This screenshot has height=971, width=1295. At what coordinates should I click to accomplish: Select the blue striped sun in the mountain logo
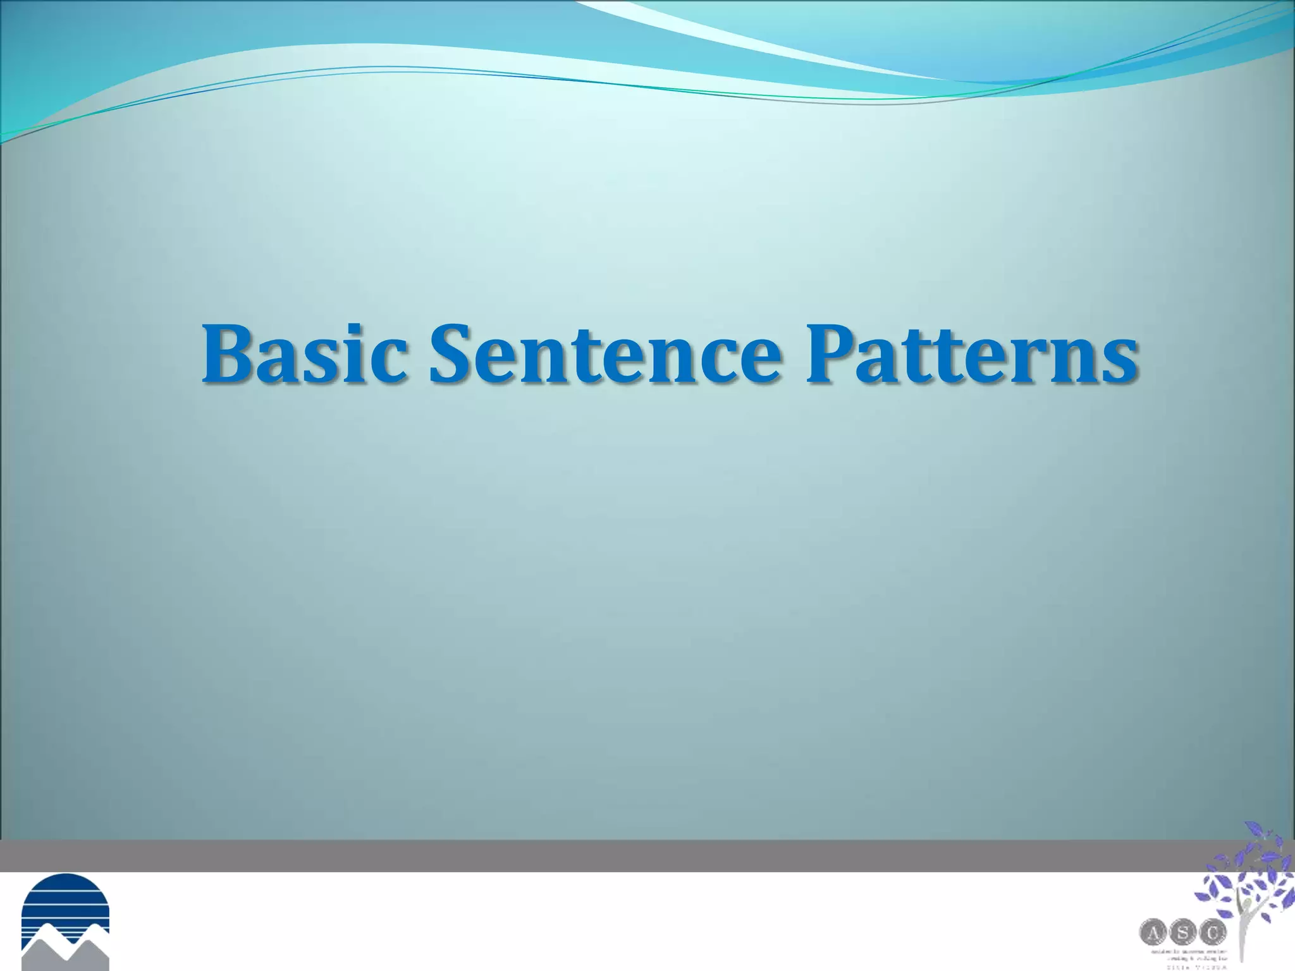coord(65,899)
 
